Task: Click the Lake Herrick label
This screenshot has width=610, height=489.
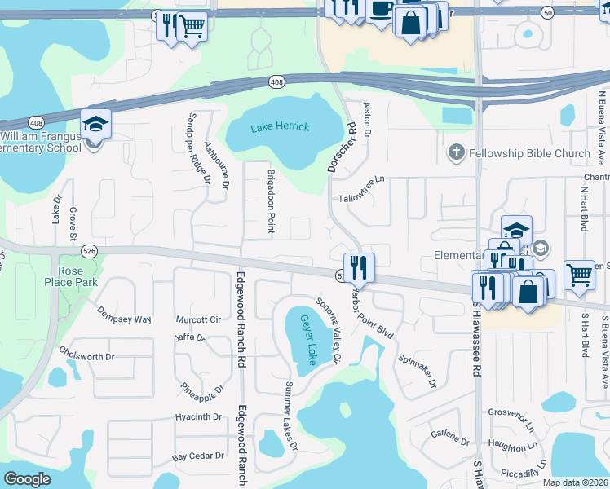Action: tap(280, 127)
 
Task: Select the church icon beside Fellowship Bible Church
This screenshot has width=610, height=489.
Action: tap(456, 152)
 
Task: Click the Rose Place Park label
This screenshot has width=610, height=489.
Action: tap(71, 276)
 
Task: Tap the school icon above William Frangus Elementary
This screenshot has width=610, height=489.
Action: tap(95, 125)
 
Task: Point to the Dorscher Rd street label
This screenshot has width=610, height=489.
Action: tap(343, 148)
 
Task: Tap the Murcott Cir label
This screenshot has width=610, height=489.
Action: tap(199, 319)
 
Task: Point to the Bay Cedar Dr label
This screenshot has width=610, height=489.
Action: tap(198, 456)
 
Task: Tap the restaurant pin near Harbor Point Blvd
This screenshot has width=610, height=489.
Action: tap(359, 267)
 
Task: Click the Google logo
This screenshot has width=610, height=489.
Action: tap(28, 479)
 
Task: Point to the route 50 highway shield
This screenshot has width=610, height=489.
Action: tap(547, 13)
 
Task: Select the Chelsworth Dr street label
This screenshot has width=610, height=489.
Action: tap(86, 356)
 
